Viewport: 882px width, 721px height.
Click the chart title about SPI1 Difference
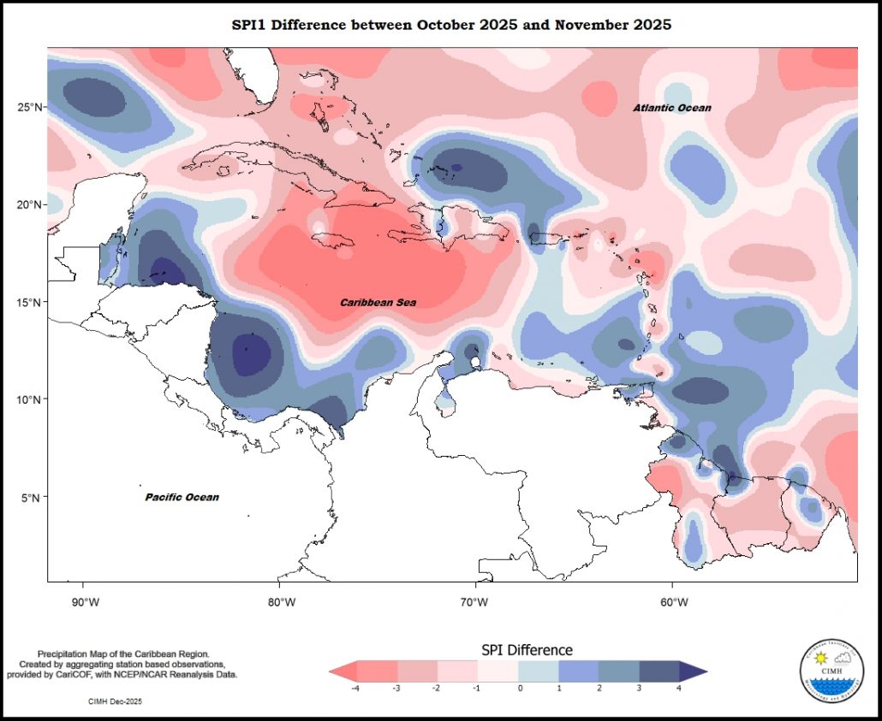[x=452, y=25]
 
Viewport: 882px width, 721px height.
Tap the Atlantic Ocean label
[x=672, y=108]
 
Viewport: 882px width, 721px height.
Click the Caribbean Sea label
[x=378, y=303]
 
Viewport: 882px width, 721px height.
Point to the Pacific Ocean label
[x=182, y=497]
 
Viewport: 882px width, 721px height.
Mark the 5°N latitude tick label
[x=30, y=497]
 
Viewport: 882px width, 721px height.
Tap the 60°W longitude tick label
[x=671, y=602]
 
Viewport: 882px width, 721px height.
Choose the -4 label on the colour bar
[x=354, y=688]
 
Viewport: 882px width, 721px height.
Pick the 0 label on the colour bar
[x=519, y=688]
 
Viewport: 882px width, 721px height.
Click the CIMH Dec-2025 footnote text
[x=115, y=701]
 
